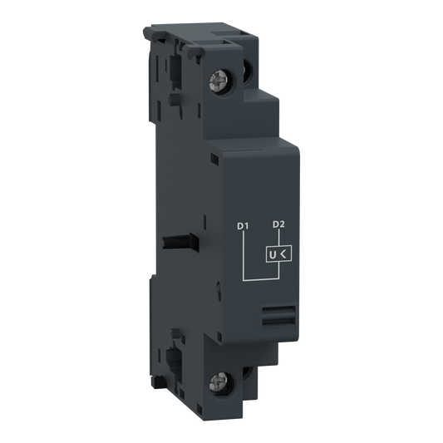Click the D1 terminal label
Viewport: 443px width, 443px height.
point(243,224)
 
